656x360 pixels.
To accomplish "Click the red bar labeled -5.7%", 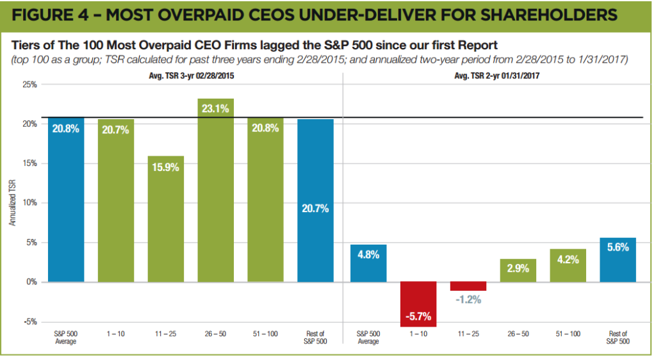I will (418, 304).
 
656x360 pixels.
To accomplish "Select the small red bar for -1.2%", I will (468, 286).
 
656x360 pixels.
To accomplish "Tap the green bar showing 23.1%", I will (216, 192).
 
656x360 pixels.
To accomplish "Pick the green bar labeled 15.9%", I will (166, 218).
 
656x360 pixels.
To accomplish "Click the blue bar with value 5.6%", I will (618, 259).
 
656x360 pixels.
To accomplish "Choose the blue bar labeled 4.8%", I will (368, 263).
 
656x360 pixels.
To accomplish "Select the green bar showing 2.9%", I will (518, 270).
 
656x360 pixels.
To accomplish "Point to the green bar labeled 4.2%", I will (568, 265).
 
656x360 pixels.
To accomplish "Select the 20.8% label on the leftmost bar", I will (66, 128).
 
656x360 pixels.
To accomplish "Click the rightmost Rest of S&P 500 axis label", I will (618, 338).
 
